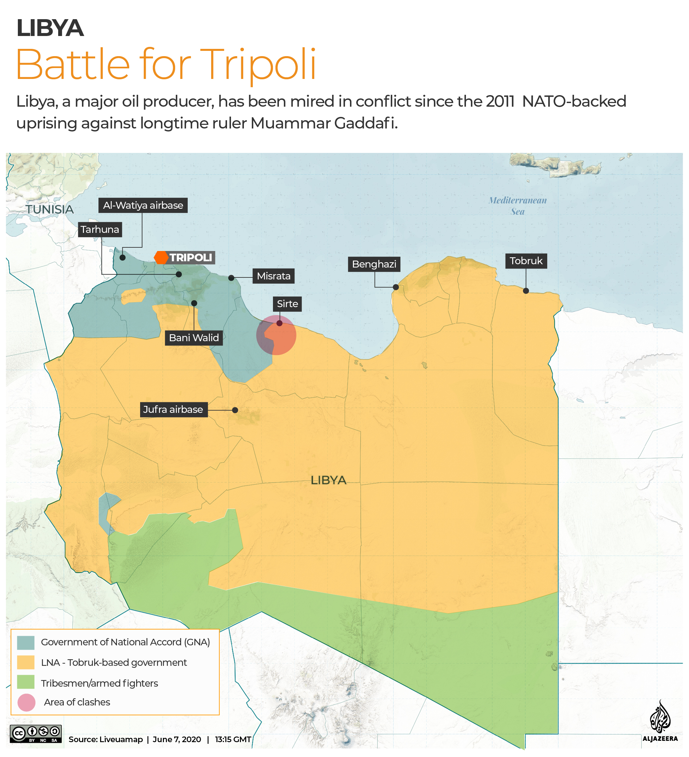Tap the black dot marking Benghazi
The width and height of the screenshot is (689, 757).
396,287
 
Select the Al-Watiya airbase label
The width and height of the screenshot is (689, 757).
143,205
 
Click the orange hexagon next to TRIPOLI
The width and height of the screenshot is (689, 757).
161,258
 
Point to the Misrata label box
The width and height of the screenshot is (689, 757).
274,276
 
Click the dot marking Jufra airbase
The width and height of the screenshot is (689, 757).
235,410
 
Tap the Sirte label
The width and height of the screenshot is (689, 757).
287,304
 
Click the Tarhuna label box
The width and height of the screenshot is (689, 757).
100,230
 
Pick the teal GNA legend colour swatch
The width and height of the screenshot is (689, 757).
25,642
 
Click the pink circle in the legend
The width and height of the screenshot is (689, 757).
26,702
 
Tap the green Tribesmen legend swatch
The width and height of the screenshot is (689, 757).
25,682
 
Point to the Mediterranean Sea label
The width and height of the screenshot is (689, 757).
517,206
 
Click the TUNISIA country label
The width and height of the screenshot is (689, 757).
50,209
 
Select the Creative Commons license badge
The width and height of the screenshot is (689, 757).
36,734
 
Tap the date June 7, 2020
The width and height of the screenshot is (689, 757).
176,739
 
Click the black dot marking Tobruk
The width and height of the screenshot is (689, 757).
525,291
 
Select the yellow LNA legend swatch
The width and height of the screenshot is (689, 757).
25,663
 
